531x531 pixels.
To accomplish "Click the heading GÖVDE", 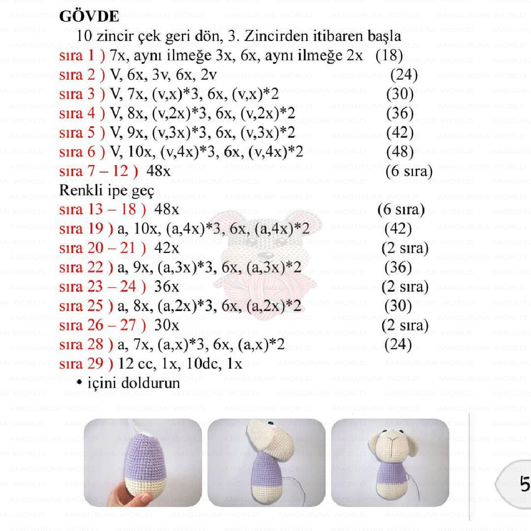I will point(89,17).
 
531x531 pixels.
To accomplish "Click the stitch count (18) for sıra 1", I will point(389,55).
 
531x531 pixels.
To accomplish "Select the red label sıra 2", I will point(82,75).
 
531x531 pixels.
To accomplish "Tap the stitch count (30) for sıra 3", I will point(399,94).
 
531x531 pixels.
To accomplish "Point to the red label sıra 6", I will point(82,152).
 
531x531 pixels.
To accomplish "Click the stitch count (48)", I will point(399,152).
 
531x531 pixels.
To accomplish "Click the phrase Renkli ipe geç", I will point(106,191).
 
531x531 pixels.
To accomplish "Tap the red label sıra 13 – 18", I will point(102,209).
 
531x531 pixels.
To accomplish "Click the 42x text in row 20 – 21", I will point(166,248).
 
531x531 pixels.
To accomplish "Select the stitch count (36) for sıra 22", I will point(398,268).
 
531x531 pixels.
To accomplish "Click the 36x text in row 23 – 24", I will point(166,287).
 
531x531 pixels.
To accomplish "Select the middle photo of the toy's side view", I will point(266,462).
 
